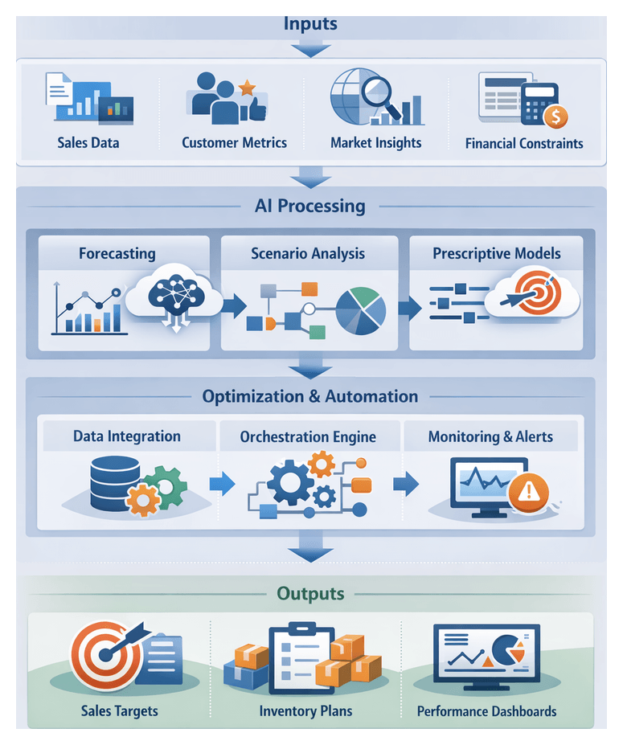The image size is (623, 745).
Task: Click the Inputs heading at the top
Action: (x=310, y=23)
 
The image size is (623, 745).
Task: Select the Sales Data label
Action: (x=88, y=143)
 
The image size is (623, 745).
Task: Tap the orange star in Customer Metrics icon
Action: (x=247, y=87)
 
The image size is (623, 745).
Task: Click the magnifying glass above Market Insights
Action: (x=375, y=91)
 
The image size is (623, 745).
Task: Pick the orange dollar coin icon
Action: (x=555, y=117)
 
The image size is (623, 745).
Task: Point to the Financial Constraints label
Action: (x=524, y=144)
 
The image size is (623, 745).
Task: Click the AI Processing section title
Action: (x=310, y=206)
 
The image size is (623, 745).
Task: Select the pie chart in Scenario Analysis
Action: (x=360, y=310)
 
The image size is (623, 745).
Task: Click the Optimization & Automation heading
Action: (x=310, y=396)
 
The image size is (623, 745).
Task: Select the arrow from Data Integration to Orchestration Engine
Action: (x=221, y=483)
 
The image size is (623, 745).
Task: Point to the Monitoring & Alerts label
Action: (x=490, y=437)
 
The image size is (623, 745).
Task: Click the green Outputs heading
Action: (x=310, y=594)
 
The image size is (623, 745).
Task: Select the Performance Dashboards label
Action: (x=486, y=711)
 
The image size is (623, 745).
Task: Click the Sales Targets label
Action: (x=120, y=710)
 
